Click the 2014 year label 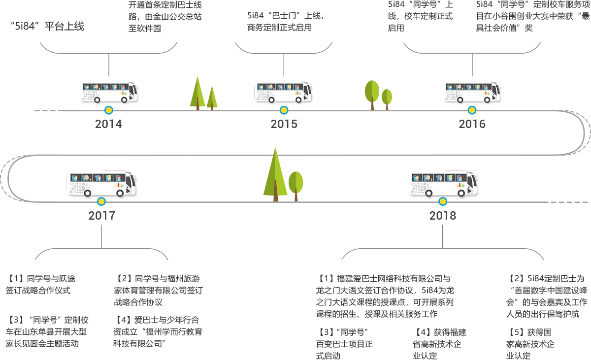pyautogui.click(x=108, y=124)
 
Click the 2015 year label pyautogui.click(x=284, y=124)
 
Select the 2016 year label pyautogui.click(x=472, y=124)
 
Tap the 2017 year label pyautogui.click(x=101, y=215)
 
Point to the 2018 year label pyautogui.click(x=442, y=215)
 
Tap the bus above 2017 pyautogui.click(x=102, y=185)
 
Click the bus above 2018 pyautogui.click(x=443, y=185)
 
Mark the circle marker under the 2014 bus pyautogui.click(x=108, y=110)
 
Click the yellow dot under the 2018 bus pyautogui.click(x=443, y=201)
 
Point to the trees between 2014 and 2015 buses pyautogui.click(x=203, y=92)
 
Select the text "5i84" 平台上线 pyautogui.click(x=47, y=27)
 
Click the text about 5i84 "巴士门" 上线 pyautogui.click(x=285, y=22)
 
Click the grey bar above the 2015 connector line pyautogui.click(x=284, y=48)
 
